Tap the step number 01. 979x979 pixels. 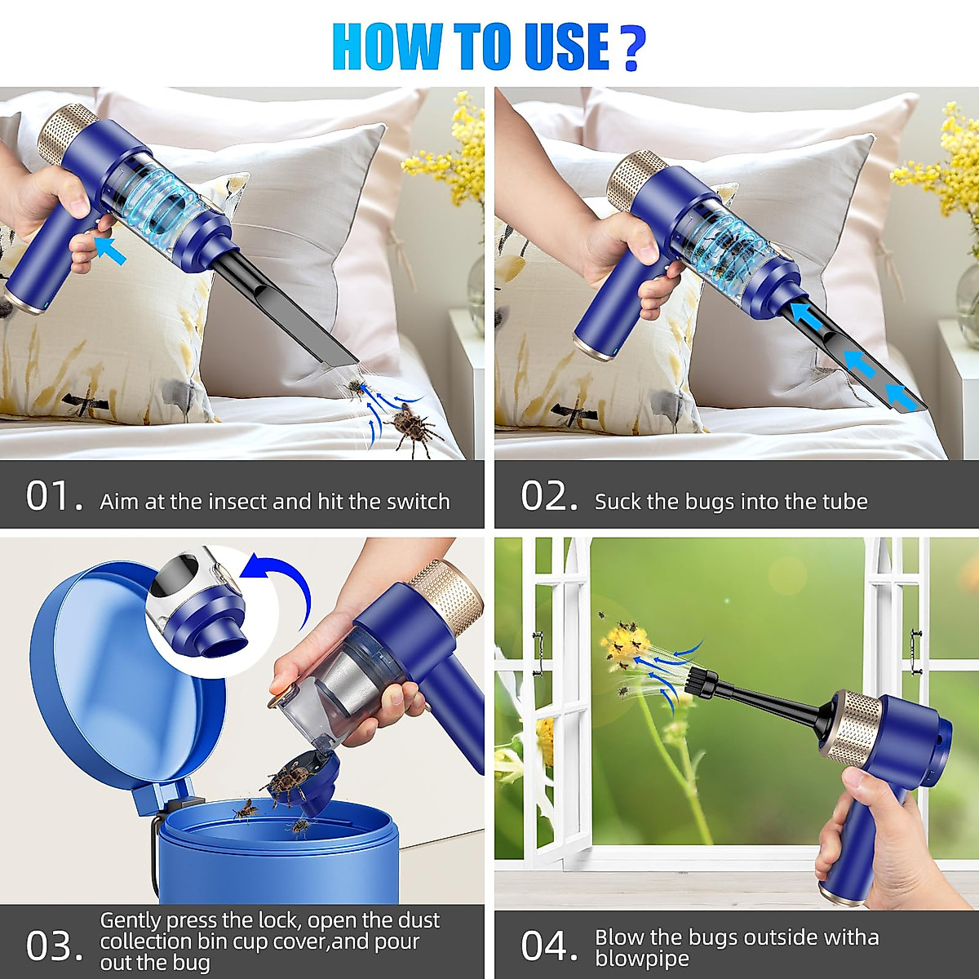(54, 497)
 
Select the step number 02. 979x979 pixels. (549, 497)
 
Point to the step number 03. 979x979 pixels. (54, 946)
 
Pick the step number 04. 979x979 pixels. (549, 946)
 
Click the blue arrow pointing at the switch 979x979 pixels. (111, 248)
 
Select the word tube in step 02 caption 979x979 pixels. (844, 501)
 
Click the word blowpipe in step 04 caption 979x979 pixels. (642, 958)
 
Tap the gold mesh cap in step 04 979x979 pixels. (853, 726)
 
